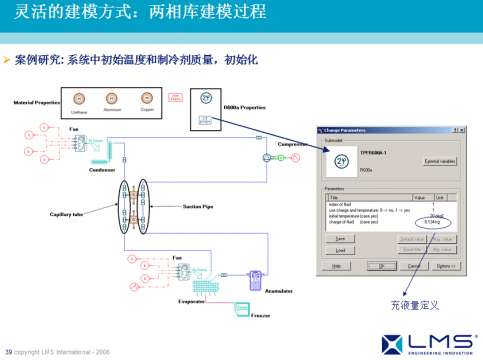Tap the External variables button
click(440, 160)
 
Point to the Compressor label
click(292, 143)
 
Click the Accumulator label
click(278, 290)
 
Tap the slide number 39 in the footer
click(8, 351)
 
